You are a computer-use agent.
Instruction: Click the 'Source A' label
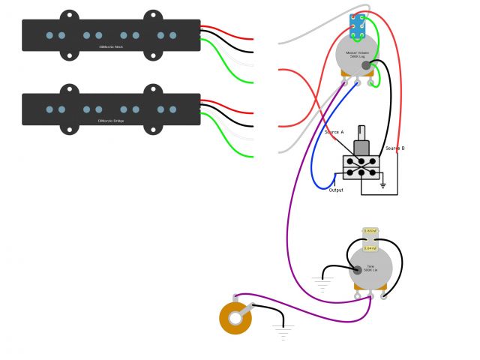click(334, 132)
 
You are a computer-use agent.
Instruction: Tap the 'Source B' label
click(395, 148)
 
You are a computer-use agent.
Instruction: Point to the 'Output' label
click(336, 190)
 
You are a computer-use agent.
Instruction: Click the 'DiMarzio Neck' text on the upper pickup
click(111, 46)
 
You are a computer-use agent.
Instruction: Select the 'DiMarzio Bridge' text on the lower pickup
click(111, 120)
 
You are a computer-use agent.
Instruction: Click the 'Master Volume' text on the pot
click(356, 53)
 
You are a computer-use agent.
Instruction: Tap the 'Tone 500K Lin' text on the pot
click(370, 268)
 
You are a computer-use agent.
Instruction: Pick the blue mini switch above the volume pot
click(358, 25)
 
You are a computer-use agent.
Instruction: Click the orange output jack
click(235, 317)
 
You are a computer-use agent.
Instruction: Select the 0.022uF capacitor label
click(370, 232)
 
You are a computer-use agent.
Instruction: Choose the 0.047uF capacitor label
click(370, 247)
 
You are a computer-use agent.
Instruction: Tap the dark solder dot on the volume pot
click(366, 66)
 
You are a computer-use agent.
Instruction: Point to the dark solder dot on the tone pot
click(357, 269)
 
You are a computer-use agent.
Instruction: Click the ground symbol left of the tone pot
click(322, 283)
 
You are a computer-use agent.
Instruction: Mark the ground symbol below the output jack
click(283, 331)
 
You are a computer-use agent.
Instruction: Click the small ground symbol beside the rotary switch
click(382, 184)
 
